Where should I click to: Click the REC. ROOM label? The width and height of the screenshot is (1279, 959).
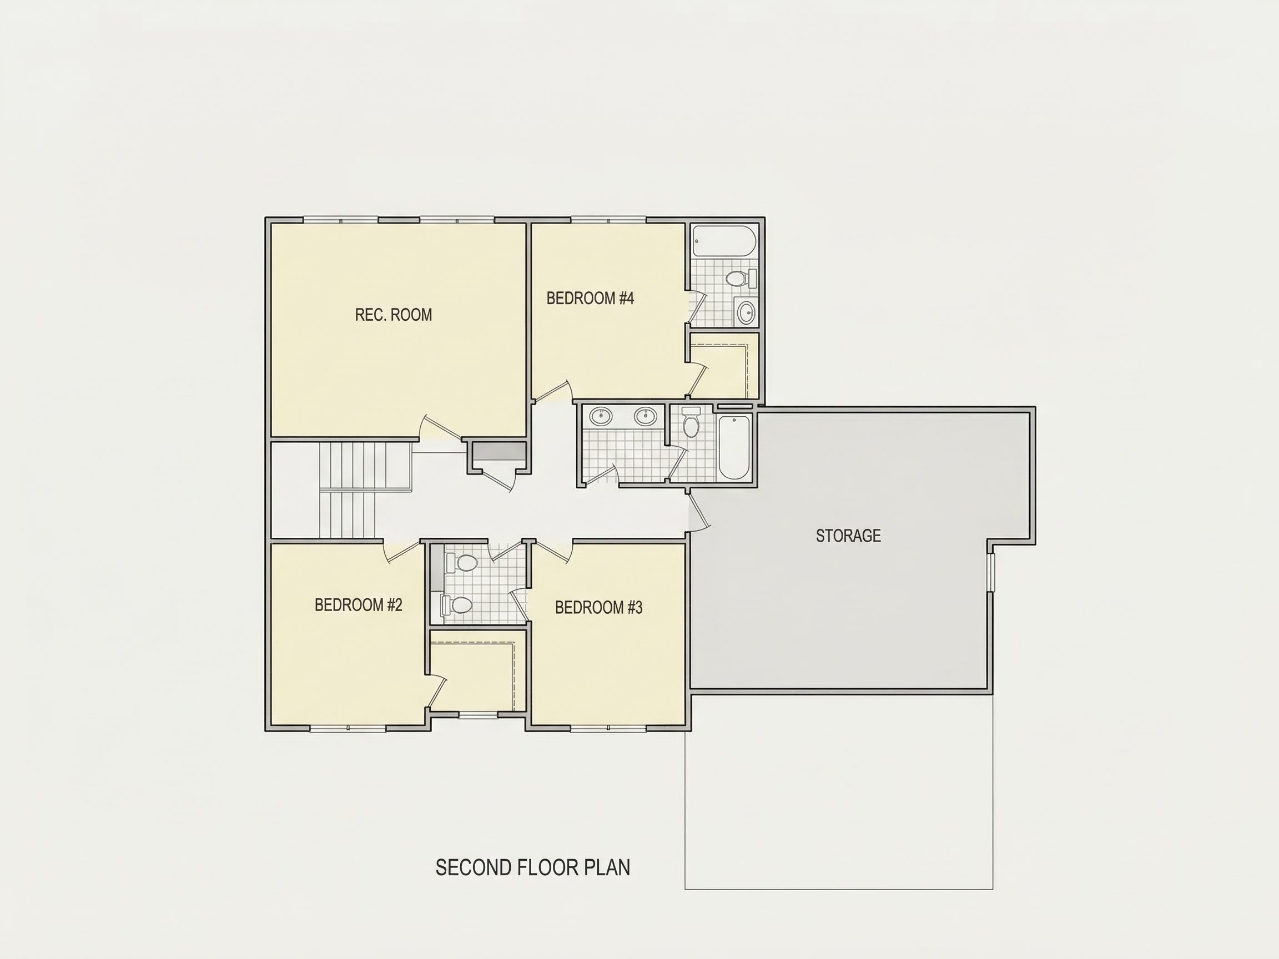(x=393, y=315)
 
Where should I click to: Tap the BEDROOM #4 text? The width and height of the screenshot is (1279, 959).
(x=590, y=298)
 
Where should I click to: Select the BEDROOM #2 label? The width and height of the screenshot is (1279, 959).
(x=359, y=605)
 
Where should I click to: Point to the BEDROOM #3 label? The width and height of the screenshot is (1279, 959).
(x=599, y=608)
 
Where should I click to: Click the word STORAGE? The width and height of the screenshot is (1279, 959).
(x=848, y=536)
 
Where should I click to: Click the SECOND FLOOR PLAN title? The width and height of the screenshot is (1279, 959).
(x=532, y=867)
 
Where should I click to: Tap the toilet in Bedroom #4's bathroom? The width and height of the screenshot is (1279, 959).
(x=741, y=279)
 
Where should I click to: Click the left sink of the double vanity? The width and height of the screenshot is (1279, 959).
(x=601, y=416)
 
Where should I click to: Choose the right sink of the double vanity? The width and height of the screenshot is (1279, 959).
(x=645, y=416)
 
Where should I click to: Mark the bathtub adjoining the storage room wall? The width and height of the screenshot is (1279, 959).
(x=734, y=447)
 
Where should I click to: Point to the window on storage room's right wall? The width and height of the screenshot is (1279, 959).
(x=990, y=572)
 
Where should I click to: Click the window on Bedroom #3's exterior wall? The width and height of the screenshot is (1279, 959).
(x=608, y=728)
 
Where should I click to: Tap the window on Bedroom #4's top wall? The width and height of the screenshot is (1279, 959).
(x=608, y=220)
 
